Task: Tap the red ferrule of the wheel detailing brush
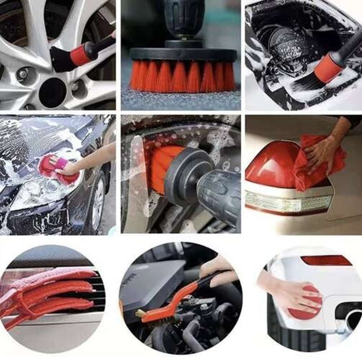[x=81, y=54]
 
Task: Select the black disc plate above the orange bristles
[x=183, y=54]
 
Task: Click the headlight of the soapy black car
[x=36, y=195]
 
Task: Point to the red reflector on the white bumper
[x=326, y=261]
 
